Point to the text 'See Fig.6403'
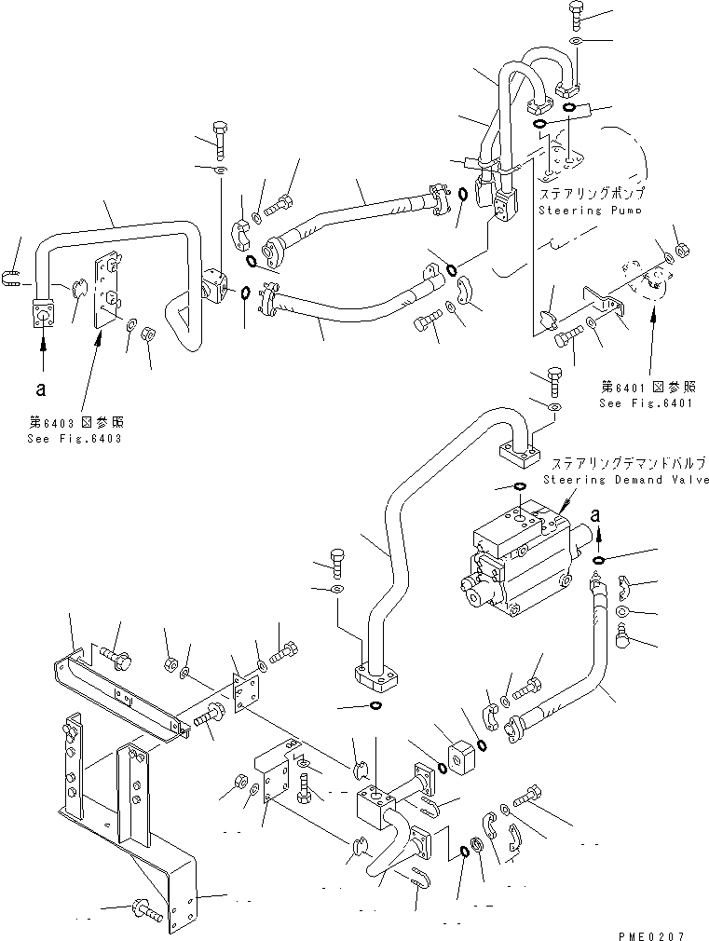tap(74, 438)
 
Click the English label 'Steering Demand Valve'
tap(625, 480)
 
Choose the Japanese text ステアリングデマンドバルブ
tap(625, 463)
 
